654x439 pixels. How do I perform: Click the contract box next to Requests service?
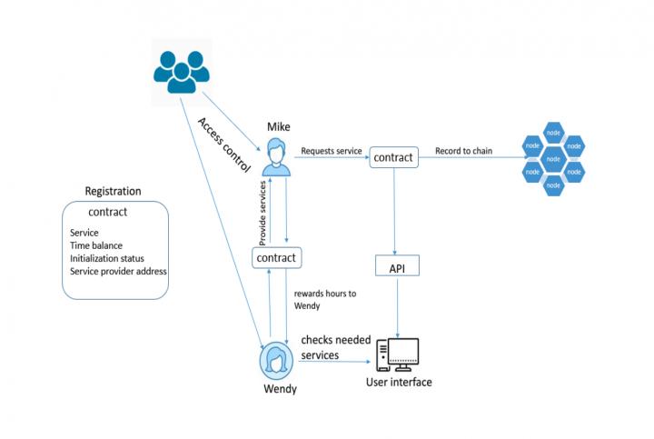click(x=393, y=158)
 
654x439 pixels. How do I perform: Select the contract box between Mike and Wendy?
click(x=276, y=258)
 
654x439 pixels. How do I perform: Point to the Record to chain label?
click(x=463, y=151)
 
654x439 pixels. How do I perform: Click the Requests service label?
click(x=331, y=150)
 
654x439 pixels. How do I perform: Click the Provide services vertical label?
click(x=262, y=211)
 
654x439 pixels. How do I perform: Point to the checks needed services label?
click(x=336, y=346)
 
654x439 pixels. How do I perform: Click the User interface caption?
click(x=399, y=382)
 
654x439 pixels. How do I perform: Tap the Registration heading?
click(x=113, y=191)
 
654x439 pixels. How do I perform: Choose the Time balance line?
click(x=95, y=245)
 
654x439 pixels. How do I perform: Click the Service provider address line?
click(x=118, y=271)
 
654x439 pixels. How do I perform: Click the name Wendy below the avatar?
click(x=279, y=389)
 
